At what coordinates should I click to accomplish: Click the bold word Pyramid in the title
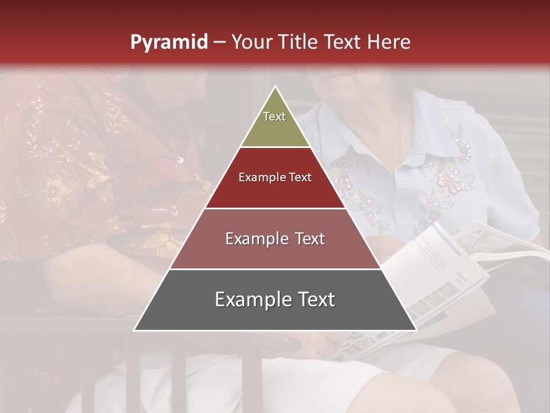pyautogui.click(x=168, y=42)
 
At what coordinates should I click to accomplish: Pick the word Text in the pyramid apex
pyautogui.click(x=274, y=116)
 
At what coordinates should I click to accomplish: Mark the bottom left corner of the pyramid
pyautogui.click(x=135, y=330)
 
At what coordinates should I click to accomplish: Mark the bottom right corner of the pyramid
pyautogui.click(x=416, y=330)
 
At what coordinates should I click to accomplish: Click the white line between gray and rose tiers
pyautogui.click(x=275, y=269)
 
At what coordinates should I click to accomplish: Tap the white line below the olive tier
pyautogui.click(x=275, y=147)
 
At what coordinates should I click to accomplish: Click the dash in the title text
pyautogui.click(x=219, y=42)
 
